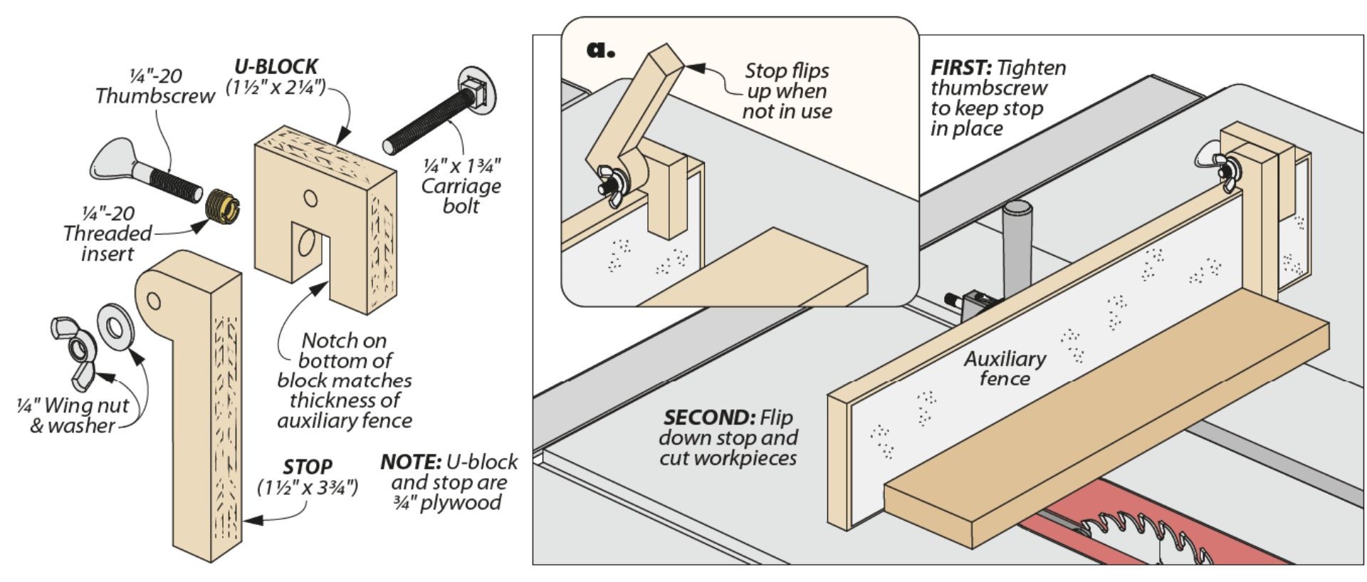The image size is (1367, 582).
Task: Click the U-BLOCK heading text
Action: click(276, 67)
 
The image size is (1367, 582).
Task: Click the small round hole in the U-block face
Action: click(310, 198)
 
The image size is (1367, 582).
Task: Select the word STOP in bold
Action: click(307, 467)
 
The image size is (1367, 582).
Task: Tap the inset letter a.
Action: click(599, 49)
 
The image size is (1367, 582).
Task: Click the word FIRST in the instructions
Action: click(960, 68)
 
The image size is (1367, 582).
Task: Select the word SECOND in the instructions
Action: click(708, 417)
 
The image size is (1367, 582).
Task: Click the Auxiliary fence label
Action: click(1005, 368)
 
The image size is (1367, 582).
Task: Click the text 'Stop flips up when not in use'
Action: click(787, 91)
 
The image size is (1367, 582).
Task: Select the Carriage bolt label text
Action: click(461, 186)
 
